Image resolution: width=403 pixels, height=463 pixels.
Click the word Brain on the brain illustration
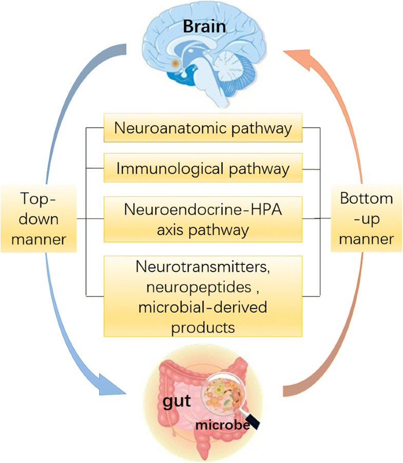click(x=204, y=27)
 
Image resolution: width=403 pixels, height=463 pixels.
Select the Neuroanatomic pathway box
click(x=203, y=128)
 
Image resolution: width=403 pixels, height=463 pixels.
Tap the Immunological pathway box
click(x=203, y=167)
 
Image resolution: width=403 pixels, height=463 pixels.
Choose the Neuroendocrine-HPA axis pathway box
click(x=203, y=219)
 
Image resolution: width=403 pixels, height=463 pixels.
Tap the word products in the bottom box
click(x=204, y=326)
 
